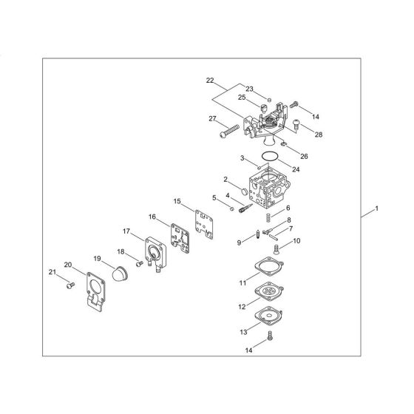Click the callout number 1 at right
coord(378,211)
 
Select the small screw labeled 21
coord(69,285)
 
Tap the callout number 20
coord(67,265)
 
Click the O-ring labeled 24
coord(271,156)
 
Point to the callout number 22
coord(210,80)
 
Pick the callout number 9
coord(239,242)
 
